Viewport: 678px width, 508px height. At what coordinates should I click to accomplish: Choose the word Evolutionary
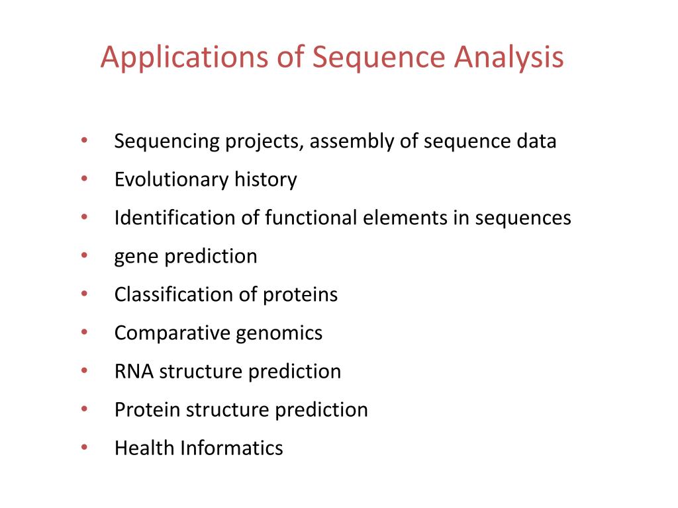[x=171, y=180]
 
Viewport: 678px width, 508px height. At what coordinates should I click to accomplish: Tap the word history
[x=266, y=180]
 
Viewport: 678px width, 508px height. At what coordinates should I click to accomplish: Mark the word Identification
[x=175, y=218]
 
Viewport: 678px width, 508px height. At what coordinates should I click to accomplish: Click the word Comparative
[x=172, y=333]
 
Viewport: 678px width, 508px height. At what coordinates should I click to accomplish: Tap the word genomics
[x=279, y=333]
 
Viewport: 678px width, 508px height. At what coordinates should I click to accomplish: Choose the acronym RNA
[x=134, y=371]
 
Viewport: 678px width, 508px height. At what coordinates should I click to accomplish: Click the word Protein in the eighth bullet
[x=148, y=409]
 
